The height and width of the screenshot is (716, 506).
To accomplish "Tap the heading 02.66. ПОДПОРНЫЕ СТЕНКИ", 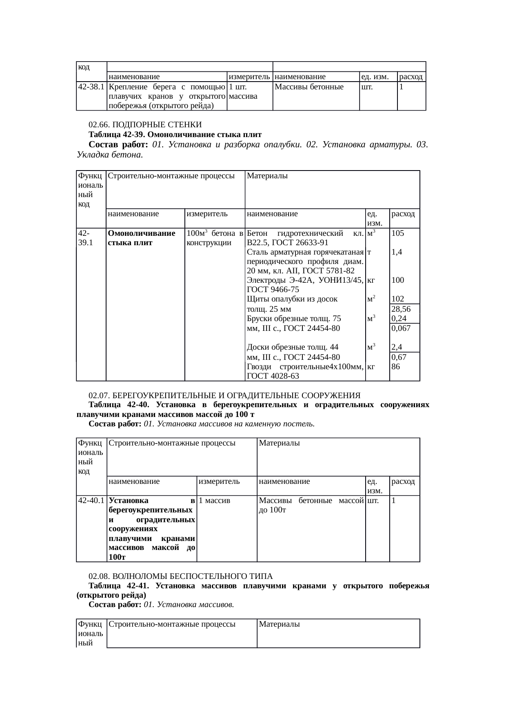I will tap(145, 124).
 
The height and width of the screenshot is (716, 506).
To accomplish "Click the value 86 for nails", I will tap(395, 366).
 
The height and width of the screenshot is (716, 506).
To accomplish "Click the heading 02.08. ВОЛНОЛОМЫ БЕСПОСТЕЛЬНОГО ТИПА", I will tap(180, 576).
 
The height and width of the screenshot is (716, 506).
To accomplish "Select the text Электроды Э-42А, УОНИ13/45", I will tap(305, 280).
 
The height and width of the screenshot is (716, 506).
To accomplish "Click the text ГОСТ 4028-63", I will tap(273, 376).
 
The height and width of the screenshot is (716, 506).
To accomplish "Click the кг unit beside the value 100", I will tap(371, 280).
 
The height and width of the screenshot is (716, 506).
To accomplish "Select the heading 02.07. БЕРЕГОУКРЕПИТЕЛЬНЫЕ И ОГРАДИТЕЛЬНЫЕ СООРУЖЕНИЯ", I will tap(224, 395).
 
